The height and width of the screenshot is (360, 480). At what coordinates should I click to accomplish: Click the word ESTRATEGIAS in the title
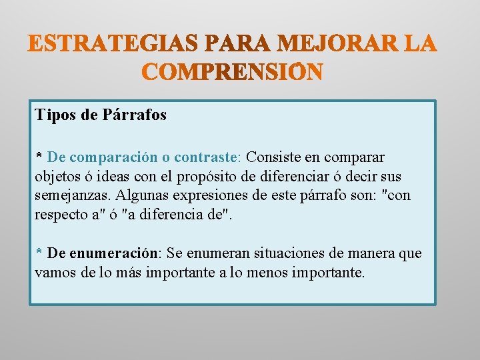click(x=114, y=44)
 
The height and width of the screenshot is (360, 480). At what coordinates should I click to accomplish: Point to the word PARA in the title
click(x=237, y=44)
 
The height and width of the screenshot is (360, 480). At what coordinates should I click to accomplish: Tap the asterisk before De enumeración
click(x=39, y=253)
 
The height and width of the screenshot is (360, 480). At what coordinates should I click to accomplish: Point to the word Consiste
click(x=273, y=157)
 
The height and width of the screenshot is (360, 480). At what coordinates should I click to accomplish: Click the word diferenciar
click(x=312, y=177)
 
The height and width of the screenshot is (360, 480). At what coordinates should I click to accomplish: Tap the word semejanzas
click(x=73, y=196)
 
